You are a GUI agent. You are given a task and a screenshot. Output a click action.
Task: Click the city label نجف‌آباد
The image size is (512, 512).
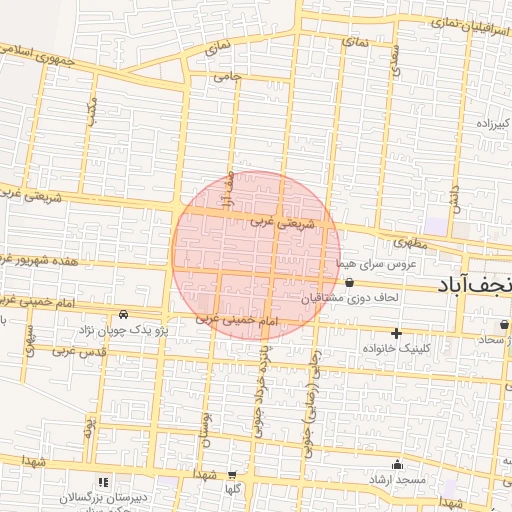tap(474, 284)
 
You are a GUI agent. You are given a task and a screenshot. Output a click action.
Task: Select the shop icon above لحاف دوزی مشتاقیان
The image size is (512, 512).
tap(348, 283)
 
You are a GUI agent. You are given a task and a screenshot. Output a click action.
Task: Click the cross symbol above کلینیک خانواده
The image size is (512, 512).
tap(397, 333)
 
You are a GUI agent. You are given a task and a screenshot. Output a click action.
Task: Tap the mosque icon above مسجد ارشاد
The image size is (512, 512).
tap(398, 464)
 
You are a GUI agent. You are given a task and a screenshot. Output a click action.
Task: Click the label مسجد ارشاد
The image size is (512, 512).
tap(398, 481)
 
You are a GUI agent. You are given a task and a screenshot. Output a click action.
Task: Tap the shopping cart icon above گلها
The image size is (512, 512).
tap(233, 476)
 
